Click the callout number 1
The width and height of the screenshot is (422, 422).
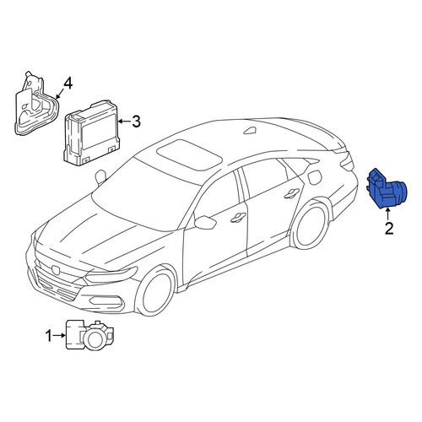pyautogui.click(x=49, y=336)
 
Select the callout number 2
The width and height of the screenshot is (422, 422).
pyautogui.click(x=388, y=229)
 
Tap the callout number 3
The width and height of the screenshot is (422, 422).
pyautogui.click(x=136, y=122)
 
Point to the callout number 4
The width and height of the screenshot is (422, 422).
pyautogui.click(x=68, y=84)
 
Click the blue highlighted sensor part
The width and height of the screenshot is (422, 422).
pyautogui.click(x=385, y=188)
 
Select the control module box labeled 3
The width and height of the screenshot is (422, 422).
pyautogui.click(x=91, y=133)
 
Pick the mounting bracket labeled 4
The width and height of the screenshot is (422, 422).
pyautogui.click(x=36, y=105)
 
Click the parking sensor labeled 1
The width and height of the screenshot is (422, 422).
pyautogui.click(x=89, y=335)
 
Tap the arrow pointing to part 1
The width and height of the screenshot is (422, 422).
pyautogui.click(x=59, y=335)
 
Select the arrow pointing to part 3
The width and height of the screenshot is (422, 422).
pyautogui.click(x=124, y=122)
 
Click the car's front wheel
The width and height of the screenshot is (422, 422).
pyautogui.click(x=155, y=291)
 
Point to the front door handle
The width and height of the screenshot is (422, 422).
pyautogui.click(x=239, y=218)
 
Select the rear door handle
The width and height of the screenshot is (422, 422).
pyautogui.click(x=292, y=193)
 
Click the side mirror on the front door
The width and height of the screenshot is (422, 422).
pyautogui.click(x=205, y=222)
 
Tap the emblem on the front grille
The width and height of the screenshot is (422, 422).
pyautogui.click(x=56, y=269)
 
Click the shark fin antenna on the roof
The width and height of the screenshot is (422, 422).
pyautogui.click(x=250, y=131)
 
